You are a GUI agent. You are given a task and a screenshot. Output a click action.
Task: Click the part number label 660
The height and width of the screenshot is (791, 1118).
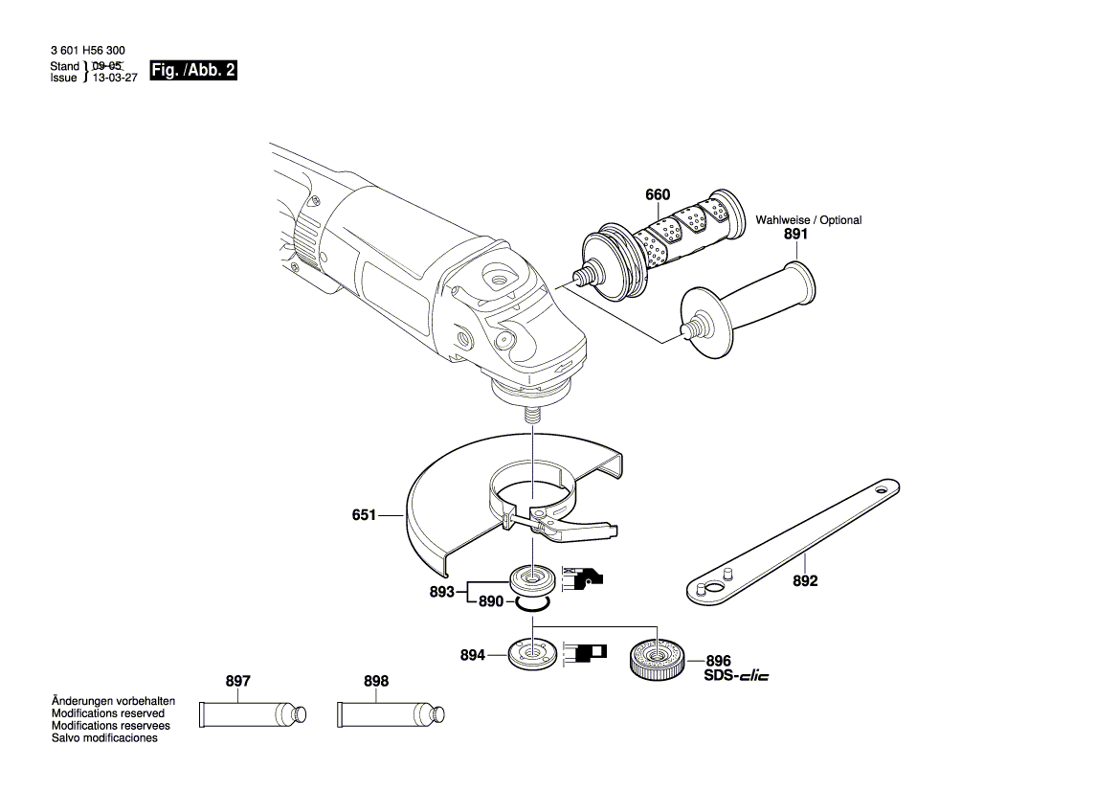click(658, 195)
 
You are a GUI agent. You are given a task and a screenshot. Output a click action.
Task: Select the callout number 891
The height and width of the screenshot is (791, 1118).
click(795, 234)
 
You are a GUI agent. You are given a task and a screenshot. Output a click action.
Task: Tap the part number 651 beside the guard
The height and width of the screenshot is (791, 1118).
click(365, 515)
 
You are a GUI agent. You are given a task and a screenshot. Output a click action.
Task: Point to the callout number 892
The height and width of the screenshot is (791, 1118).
click(805, 581)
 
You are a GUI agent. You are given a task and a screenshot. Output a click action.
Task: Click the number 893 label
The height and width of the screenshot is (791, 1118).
click(441, 592)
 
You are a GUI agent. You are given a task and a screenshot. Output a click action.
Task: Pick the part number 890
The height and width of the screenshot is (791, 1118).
click(491, 602)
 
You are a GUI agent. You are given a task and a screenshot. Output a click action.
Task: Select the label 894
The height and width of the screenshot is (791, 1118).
click(473, 655)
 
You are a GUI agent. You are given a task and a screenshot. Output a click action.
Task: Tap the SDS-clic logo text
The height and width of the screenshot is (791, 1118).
click(736, 676)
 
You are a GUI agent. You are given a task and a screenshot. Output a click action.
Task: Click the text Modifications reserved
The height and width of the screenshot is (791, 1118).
click(107, 713)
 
